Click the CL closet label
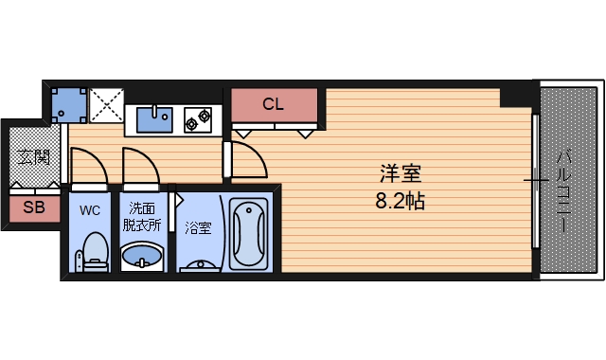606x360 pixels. (273, 104)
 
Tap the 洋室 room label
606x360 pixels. (400, 174)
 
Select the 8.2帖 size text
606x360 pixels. (400, 200)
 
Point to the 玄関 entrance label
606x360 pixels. (33, 157)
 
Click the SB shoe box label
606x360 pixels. (33, 207)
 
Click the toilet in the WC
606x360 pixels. (94, 251)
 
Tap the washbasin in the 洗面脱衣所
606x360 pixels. (142, 257)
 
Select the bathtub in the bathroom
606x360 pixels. (250, 233)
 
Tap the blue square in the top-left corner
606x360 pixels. (67, 104)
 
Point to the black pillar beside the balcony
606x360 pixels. (518, 95)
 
